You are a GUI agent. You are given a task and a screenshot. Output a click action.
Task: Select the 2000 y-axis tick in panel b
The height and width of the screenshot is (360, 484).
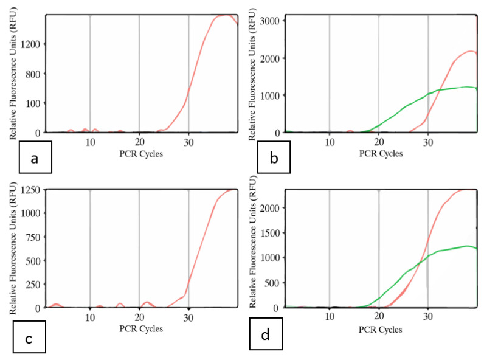[x=272, y=58]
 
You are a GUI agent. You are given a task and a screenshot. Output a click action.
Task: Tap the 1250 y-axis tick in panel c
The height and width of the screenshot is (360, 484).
[x=30, y=190]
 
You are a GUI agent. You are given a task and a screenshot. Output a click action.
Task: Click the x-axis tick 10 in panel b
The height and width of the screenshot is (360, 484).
[x=330, y=142]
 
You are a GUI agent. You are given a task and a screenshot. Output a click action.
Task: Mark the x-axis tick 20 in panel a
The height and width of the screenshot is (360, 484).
[x=139, y=142]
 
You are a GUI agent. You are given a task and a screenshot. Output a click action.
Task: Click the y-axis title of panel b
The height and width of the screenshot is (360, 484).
[x=252, y=73]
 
